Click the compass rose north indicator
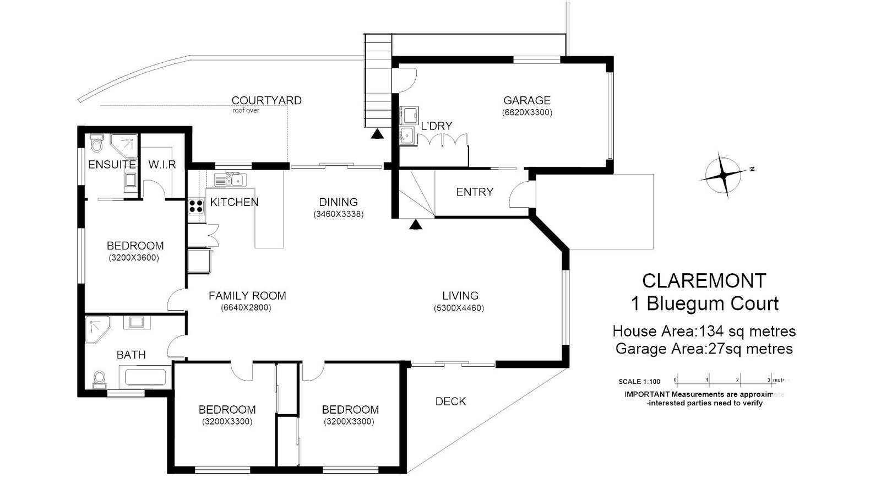point(726,175)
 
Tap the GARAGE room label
point(526,100)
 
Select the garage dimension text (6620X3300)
point(527,112)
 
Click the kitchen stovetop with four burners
point(196,206)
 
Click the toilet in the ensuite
point(96,143)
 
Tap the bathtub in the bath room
point(145,377)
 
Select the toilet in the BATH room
point(100,378)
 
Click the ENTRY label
point(474,192)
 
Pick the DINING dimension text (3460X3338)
point(338,214)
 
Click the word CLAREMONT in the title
point(704,281)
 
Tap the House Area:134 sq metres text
point(704,331)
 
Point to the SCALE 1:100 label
point(639,382)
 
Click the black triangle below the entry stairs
point(415,225)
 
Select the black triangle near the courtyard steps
point(377,134)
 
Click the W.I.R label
point(162,165)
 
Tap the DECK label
point(450,401)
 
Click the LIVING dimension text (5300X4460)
point(459,308)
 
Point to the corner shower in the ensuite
point(124,146)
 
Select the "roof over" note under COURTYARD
point(246,111)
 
